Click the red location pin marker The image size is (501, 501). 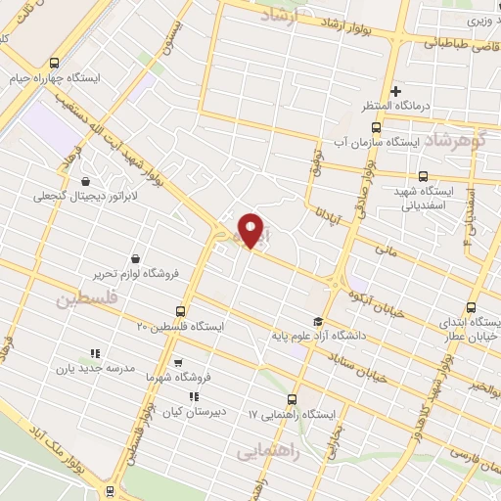(x=251, y=230)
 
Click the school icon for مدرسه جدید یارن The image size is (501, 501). (x=96, y=352)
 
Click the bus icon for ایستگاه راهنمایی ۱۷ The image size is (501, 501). (x=292, y=398)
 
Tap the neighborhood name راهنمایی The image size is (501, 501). (x=264, y=451)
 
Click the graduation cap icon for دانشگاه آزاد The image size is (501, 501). (x=317, y=322)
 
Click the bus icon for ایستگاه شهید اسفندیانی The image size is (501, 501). (x=423, y=176)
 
